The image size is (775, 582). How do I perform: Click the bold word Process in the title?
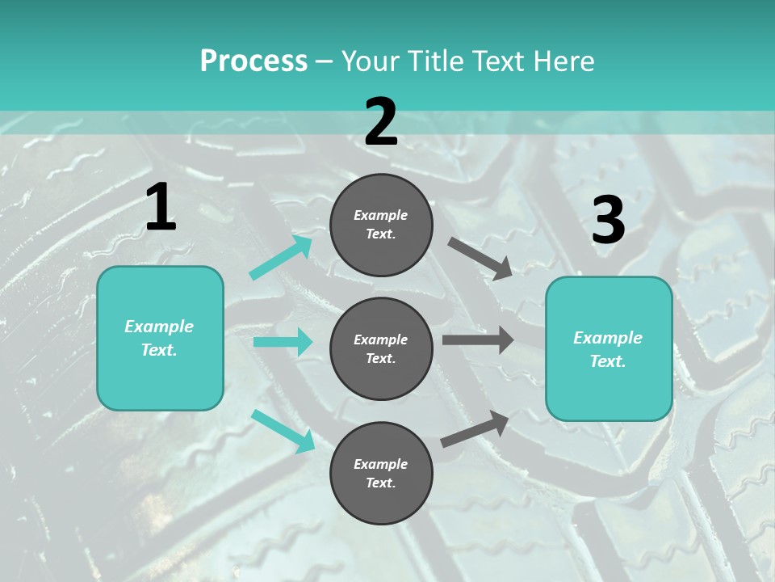pyautogui.click(x=253, y=61)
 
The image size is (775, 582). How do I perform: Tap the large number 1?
pyautogui.click(x=161, y=208)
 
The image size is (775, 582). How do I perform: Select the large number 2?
pyautogui.click(x=381, y=122)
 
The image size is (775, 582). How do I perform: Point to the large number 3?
pyautogui.click(x=608, y=220)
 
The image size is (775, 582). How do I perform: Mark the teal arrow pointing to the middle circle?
pyautogui.click(x=283, y=342)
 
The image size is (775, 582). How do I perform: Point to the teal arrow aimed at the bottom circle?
pyautogui.click(x=283, y=430)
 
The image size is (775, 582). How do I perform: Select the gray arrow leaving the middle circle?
pyautogui.click(x=478, y=339)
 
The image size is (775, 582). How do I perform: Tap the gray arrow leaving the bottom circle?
pyautogui.click(x=475, y=428)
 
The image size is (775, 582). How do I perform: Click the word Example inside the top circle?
pyautogui.click(x=381, y=215)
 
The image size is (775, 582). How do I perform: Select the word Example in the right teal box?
pyautogui.click(x=608, y=338)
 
